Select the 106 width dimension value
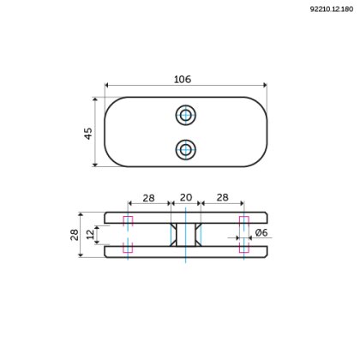[182, 79]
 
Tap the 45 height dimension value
[89, 134]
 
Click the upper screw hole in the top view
[185, 115]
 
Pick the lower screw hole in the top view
[185, 149]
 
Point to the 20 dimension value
[185, 198]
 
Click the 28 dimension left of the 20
[148, 198]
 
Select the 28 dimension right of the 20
[222, 198]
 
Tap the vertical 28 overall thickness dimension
[74, 233]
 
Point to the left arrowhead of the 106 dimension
[108, 85]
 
